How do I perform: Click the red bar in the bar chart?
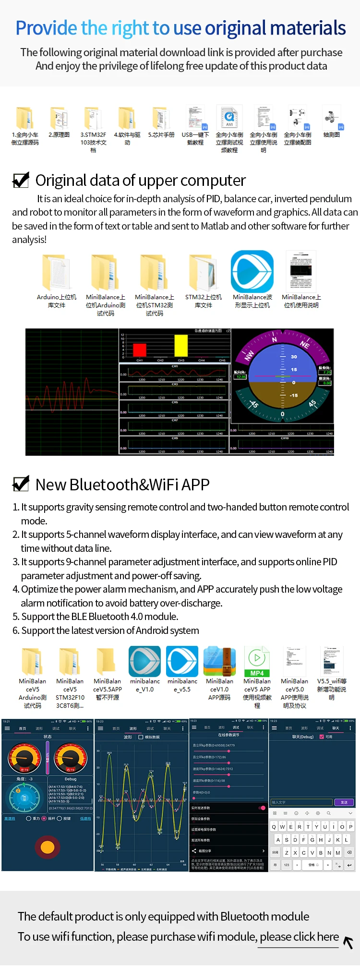[x=140, y=349]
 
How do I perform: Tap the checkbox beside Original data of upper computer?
[x=21, y=180]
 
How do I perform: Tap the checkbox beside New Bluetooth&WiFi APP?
[x=21, y=484]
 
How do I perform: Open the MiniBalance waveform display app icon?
[x=252, y=271]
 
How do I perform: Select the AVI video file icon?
[x=229, y=118]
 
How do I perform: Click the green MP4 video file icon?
[x=257, y=661]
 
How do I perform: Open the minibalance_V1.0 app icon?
[x=144, y=661]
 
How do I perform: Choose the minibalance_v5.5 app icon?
[x=182, y=661]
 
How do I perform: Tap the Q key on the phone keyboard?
[x=274, y=827]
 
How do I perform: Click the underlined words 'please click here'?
[x=299, y=937]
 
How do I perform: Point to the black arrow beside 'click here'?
[x=348, y=942]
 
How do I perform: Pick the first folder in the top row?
[x=25, y=118]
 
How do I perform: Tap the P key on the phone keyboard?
[x=351, y=827]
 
